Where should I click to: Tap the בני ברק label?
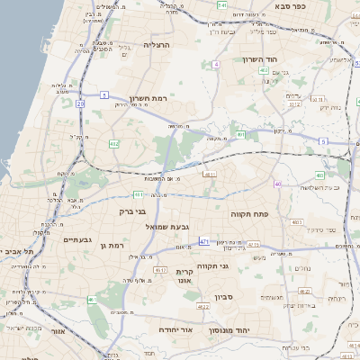(x=132, y=211)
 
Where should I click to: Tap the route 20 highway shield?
(x=80, y=103)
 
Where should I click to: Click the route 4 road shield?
(x=216, y=65)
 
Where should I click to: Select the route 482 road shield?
(x=113, y=143)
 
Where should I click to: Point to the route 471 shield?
(x=204, y=242)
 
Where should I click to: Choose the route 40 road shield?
(x=277, y=184)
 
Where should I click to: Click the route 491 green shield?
(x=240, y=136)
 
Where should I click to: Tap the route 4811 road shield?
(x=210, y=174)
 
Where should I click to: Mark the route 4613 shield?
(x=161, y=269)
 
